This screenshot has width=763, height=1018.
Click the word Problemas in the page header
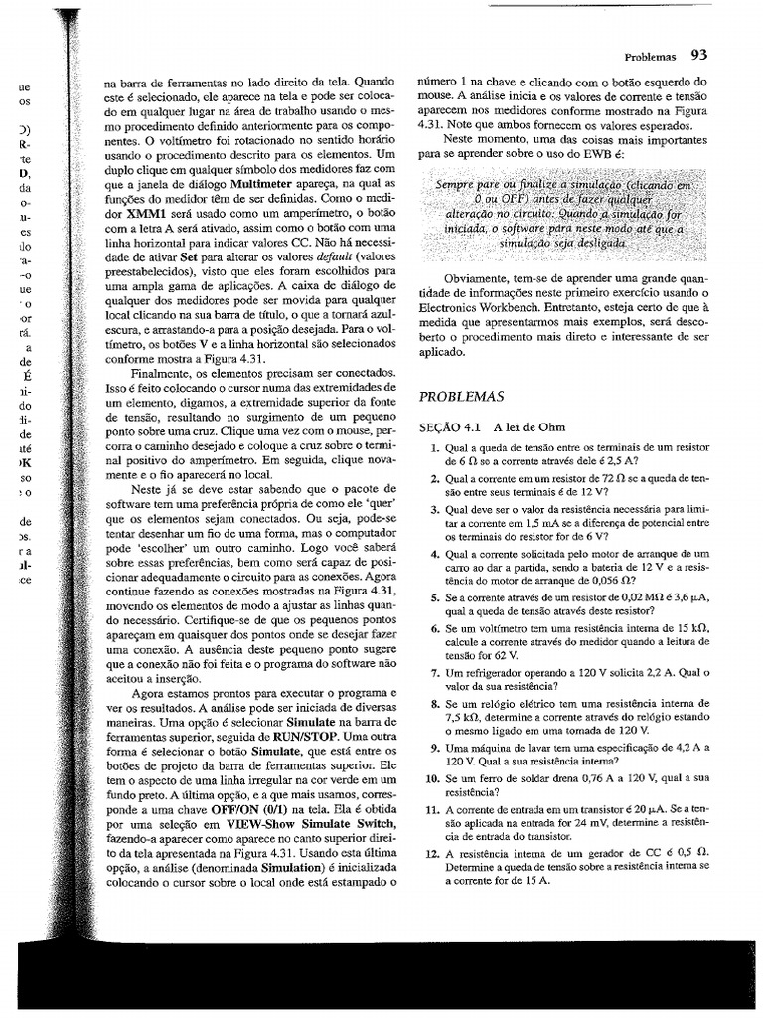[650, 57]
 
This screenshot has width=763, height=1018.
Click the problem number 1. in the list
[435, 449]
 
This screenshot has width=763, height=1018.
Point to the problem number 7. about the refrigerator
[435, 672]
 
